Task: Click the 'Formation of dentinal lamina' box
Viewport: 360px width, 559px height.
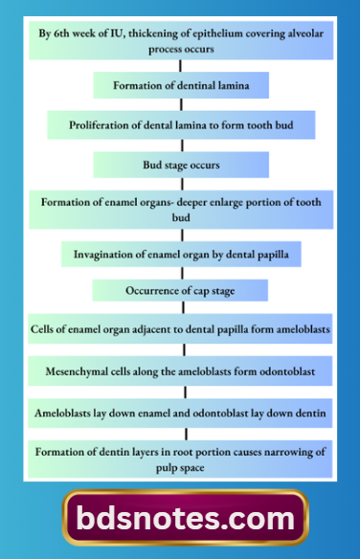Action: tap(181, 85)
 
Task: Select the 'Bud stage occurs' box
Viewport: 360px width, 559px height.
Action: tap(181, 165)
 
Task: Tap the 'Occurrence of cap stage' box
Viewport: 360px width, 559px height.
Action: tap(181, 289)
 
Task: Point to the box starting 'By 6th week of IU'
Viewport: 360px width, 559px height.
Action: tap(181, 39)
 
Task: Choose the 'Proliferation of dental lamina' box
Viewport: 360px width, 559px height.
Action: tap(181, 125)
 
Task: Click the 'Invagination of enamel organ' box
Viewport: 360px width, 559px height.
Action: tap(181, 255)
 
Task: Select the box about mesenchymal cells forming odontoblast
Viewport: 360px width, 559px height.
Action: tap(181, 369)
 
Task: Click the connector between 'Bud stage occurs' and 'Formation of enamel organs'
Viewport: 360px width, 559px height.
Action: tap(181, 185)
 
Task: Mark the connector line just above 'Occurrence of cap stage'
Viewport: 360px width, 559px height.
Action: tap(181, 272)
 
